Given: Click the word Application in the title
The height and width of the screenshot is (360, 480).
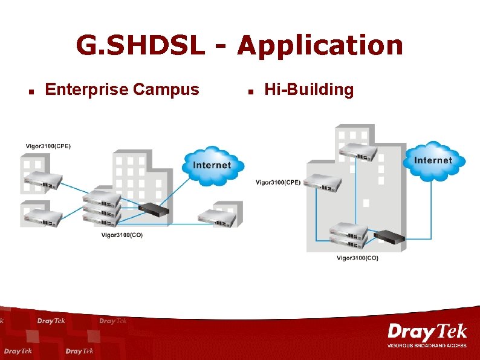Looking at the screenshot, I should (320, 45).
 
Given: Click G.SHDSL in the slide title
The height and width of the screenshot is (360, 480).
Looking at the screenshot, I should (140, 45).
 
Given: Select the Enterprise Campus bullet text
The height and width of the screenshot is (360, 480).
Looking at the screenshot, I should (122, 90).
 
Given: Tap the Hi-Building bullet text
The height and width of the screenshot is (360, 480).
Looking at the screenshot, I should (309, 90).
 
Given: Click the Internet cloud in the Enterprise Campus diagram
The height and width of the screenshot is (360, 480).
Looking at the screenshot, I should (212, 165).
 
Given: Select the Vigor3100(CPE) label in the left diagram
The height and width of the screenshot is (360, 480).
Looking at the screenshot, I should (48, 146).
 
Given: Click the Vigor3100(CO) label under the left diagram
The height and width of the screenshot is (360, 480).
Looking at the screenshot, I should (122, 235).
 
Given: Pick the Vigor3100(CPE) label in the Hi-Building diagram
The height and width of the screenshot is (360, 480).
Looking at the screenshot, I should (277, 182).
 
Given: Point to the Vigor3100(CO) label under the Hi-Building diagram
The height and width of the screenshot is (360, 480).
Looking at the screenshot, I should (357, 258).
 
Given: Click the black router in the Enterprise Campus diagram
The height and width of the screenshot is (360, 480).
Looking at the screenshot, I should (154, 211).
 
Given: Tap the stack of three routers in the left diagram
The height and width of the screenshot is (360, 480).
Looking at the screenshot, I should (102, 208).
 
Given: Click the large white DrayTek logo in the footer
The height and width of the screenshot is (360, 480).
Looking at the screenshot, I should (427, 332).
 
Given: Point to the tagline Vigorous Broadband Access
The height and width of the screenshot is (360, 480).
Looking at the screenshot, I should (427, 345).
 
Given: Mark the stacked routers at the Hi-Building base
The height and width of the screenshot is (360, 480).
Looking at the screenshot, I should (349, 237).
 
